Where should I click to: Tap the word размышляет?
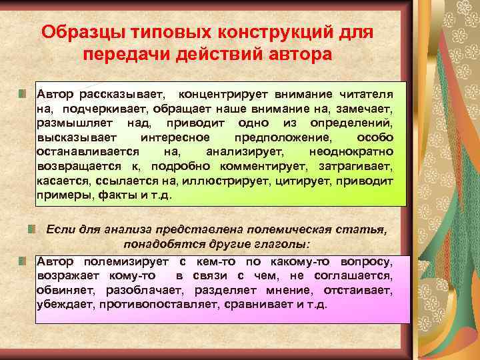[76, 123]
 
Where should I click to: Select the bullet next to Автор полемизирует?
[22, 260]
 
